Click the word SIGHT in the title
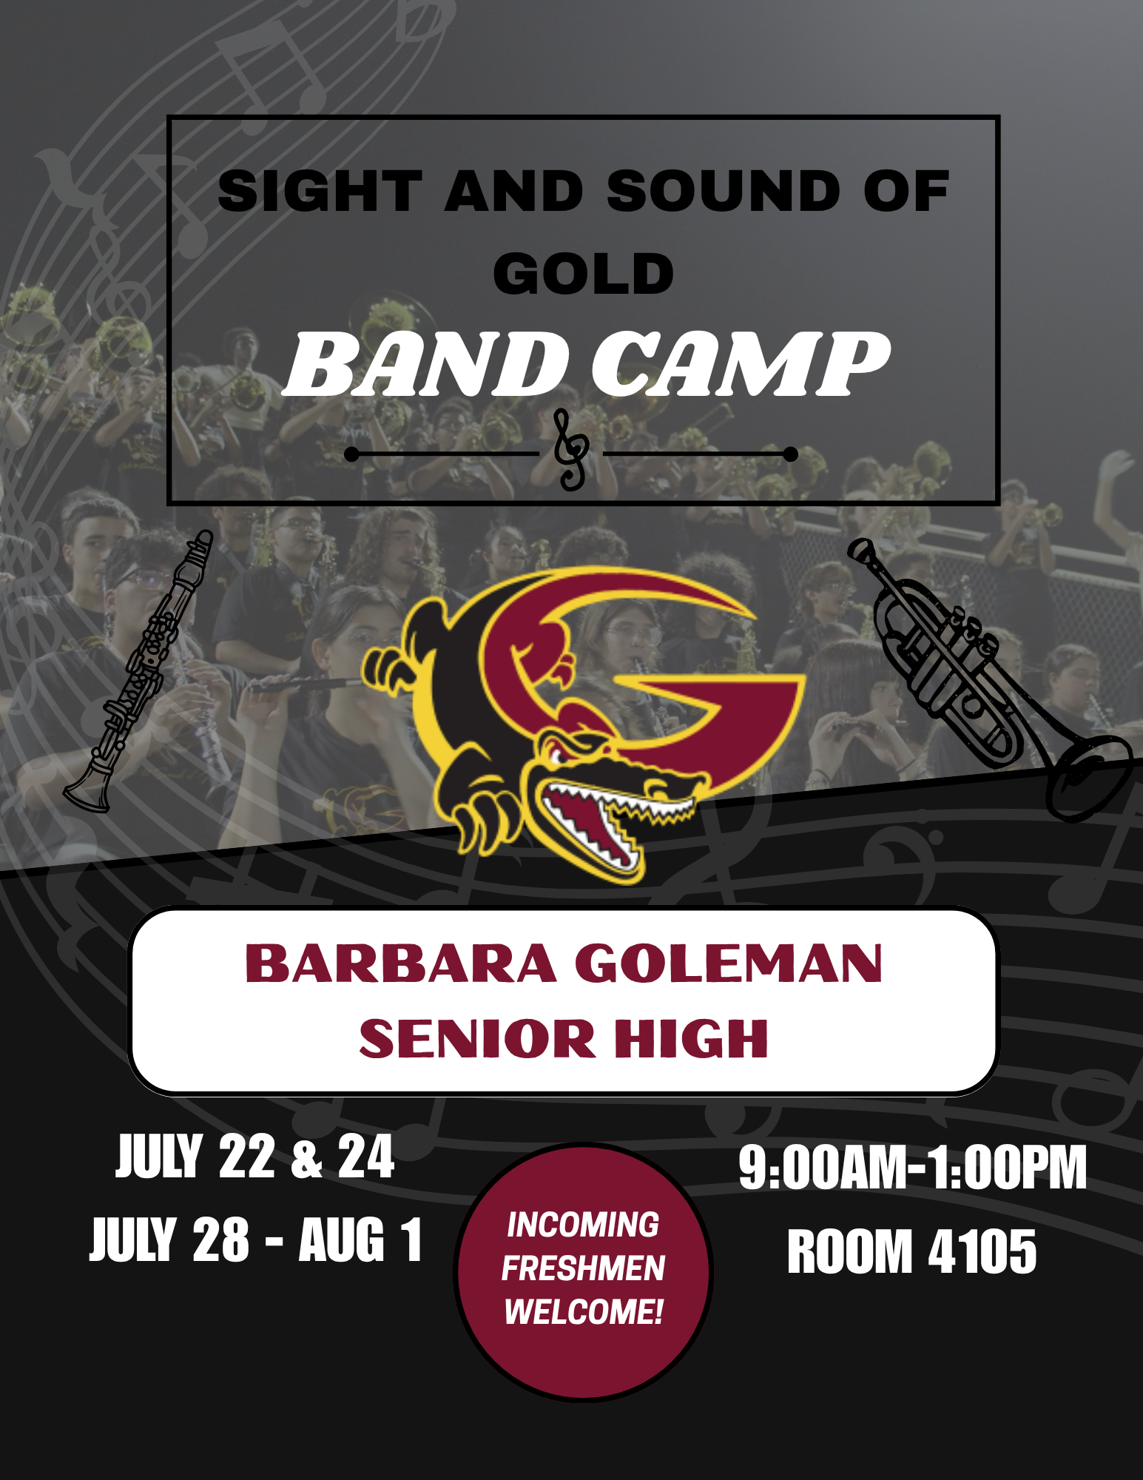tap(320, 191)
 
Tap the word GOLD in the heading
tap(584, 273)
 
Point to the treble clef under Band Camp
tap(572, 449)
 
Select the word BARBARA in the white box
tap(400, 963)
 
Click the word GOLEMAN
tap(729, 963)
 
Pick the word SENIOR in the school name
tap(477, 1037)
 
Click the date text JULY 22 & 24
tap(255, 1157)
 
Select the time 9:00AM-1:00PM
tap(913, 1168)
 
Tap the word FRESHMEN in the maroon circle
tap(583, 1268)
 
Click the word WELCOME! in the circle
tap(583, 1312)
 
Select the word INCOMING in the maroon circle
tap(583, 1225)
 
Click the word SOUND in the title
tap(723, 191)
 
